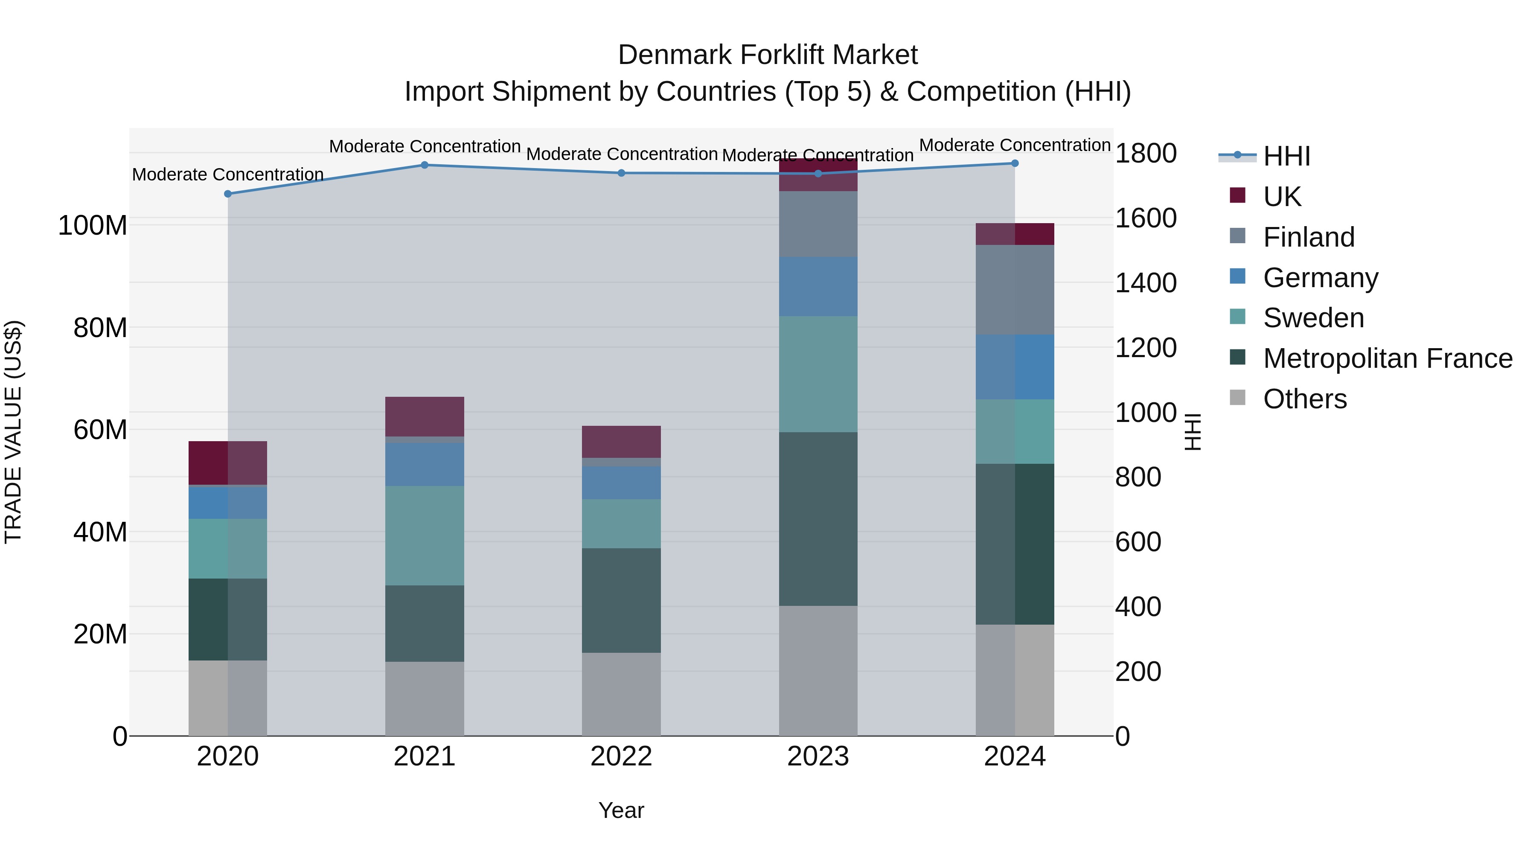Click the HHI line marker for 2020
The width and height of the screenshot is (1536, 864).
[x=228, y=194]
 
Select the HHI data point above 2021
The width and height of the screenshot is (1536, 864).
[x=425, y=165]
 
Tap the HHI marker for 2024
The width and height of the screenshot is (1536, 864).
[x=1015, y=163]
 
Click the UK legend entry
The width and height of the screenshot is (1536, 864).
[x=1282, y=197]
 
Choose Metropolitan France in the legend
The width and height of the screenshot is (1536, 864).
[x=1388, y=358]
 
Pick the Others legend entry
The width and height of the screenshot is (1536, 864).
[x=1305, y=399]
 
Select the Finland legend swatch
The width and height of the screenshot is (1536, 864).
[x=1238, y=236]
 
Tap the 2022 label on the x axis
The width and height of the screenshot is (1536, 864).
[x=621, y=756]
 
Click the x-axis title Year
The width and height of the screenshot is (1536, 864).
[x=621, y=810]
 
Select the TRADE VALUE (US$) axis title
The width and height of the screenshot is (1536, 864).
[x=14, y=432]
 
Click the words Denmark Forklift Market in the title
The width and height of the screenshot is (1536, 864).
[x=768, y=55]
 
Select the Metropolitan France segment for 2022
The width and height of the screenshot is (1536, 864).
[x=621, y=600]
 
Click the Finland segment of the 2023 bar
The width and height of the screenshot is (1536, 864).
[x=818, y=224]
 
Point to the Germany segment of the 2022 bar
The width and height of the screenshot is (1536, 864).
[x=621, y=483]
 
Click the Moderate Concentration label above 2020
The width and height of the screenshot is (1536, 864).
[x=228, y=175]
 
